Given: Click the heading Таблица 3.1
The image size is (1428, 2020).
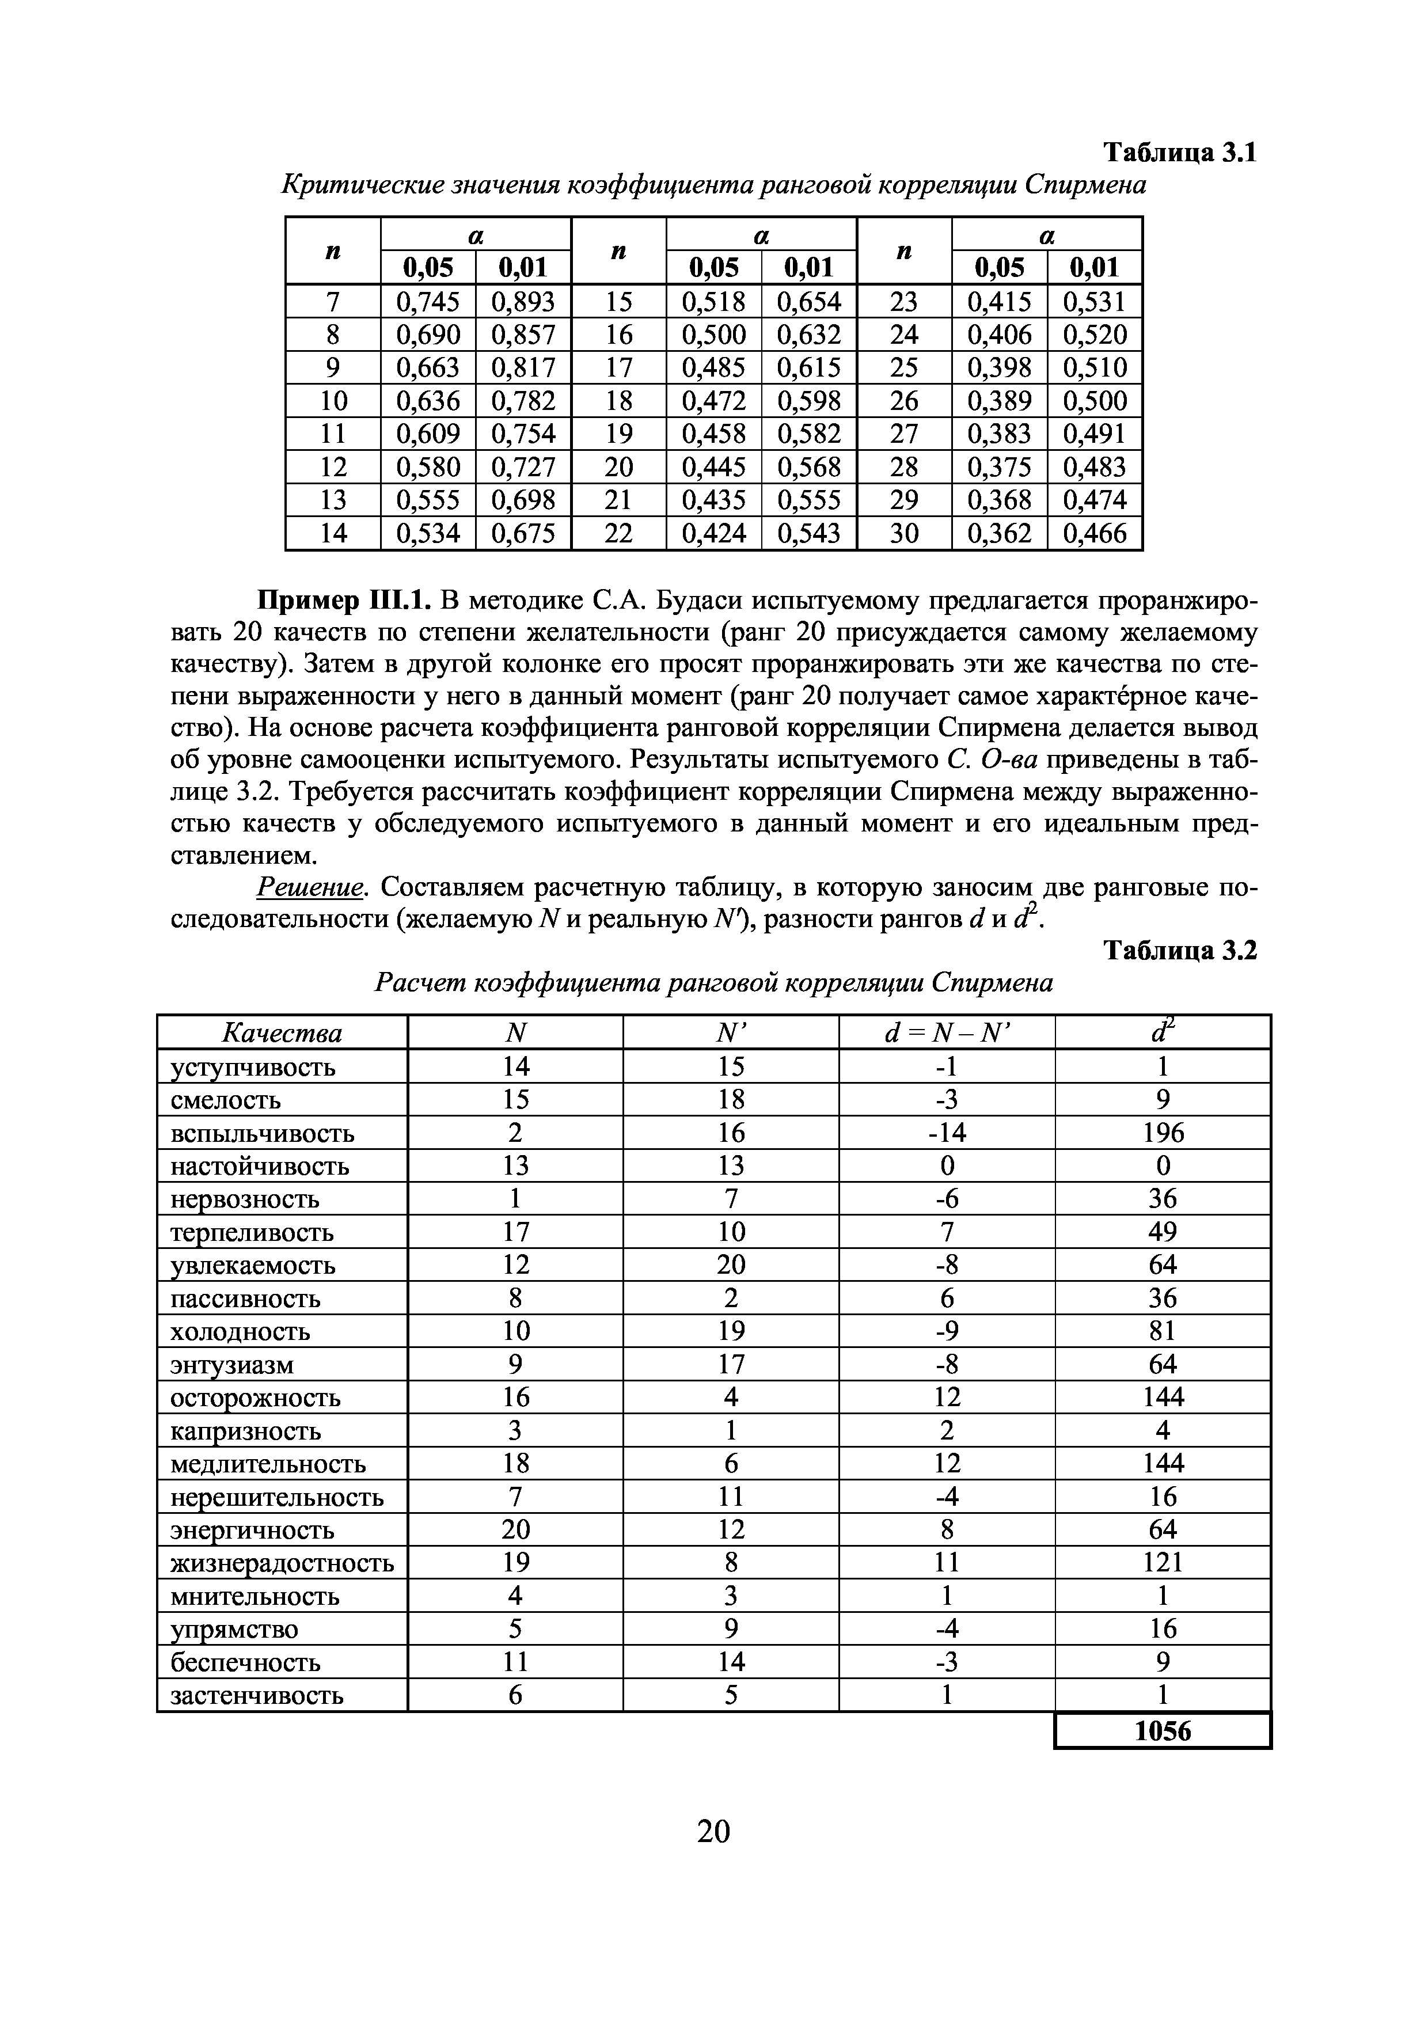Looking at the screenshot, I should click(x=1180, y=153).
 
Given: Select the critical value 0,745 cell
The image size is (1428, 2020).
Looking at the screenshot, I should click(x=428, y=302).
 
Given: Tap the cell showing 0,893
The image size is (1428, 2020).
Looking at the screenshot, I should click(x=523, y=302).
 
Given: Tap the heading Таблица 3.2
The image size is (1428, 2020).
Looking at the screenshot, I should click(x=1180, y=951).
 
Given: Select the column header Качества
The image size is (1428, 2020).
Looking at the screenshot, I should click(x=282, y=1032).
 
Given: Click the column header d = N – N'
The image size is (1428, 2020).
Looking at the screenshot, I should click(x=947, y=1032).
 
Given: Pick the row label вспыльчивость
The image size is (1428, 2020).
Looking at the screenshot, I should click(x=262, y=1133).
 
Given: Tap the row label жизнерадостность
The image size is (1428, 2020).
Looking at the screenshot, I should click(x=282, y=1563).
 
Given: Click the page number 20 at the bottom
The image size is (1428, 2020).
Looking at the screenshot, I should click(x=713, y=1831).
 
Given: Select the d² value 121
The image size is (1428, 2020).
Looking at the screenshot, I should click(x=1163, y=1563).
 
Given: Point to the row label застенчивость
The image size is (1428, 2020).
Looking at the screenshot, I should click(x=256, y=1695).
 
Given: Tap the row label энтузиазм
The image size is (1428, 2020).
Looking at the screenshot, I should click(x=231, y=1365).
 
